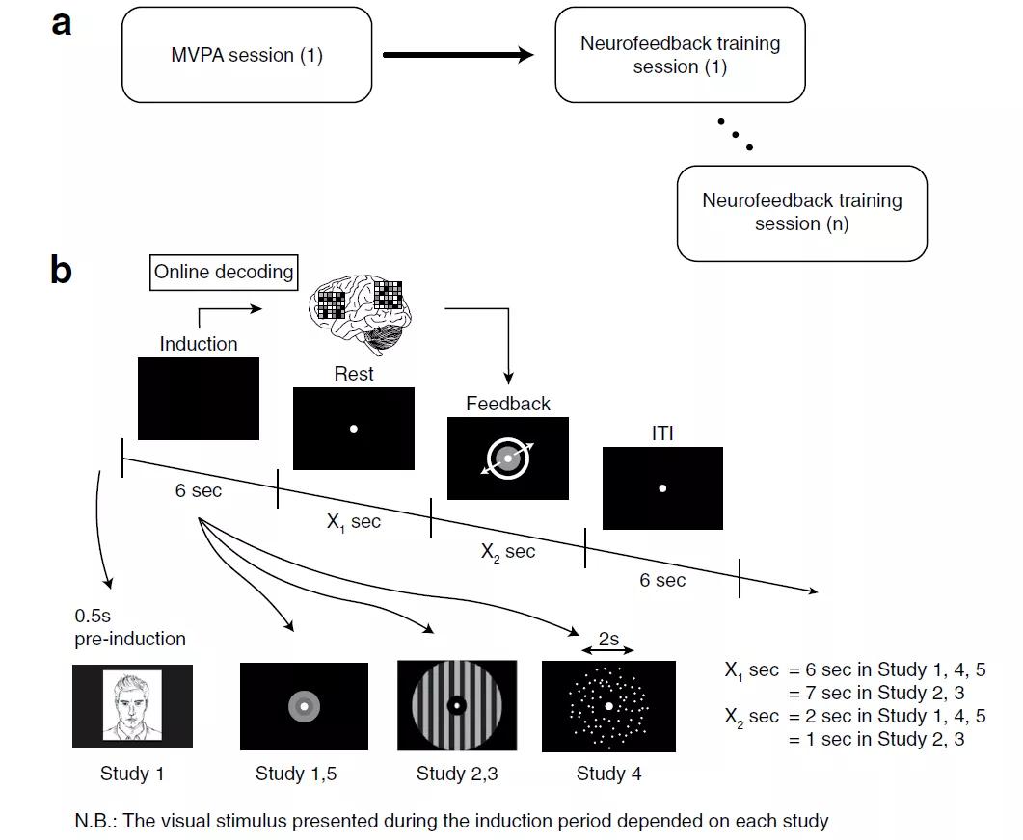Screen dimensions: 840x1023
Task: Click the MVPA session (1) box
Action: tap(247, 55)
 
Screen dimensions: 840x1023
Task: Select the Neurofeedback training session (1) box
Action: tap(680, 55)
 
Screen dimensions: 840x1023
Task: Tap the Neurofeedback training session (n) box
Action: tap(801, 213)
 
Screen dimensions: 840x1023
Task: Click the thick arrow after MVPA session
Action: tap(458, 55)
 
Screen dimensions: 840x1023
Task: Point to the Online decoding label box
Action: tap(224, 273)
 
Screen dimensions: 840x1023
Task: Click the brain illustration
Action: tap(360, 305)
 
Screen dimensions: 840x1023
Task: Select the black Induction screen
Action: tap(199, 399)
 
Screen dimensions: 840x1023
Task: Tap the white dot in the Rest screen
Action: tap(354, 429)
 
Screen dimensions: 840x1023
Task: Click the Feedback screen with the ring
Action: tap(508, 459)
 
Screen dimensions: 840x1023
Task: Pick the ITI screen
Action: tap(662, 488)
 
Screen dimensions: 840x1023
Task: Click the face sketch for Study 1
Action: tap(132, 706)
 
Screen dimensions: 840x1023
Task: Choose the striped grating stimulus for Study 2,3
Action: tap(457, 706)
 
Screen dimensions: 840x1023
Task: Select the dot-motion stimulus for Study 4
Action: tap(608, 707)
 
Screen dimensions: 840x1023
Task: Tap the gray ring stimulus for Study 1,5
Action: tap(303, 707)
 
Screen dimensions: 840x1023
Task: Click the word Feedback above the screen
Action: tap(507, 404)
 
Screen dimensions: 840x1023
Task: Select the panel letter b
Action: tap(61, 271)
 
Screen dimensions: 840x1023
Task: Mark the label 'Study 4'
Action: tap(608, 774)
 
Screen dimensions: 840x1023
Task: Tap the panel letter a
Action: tap(62, 23)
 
